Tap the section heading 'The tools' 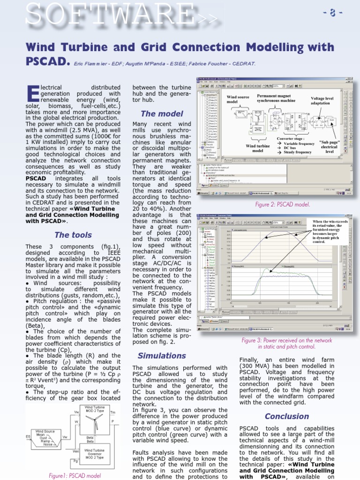click(x=73, y=235)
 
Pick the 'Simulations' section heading click(x=162, y=355)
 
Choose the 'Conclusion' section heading click(x=287, y=416)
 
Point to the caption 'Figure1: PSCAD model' click(x=75, y=475)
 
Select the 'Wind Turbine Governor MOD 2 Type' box click(x=95, y=454)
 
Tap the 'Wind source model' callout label click(x=238, y=99)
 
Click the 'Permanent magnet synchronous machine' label click(x=276, y=98)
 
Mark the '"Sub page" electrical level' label click(x=329, y=147)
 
